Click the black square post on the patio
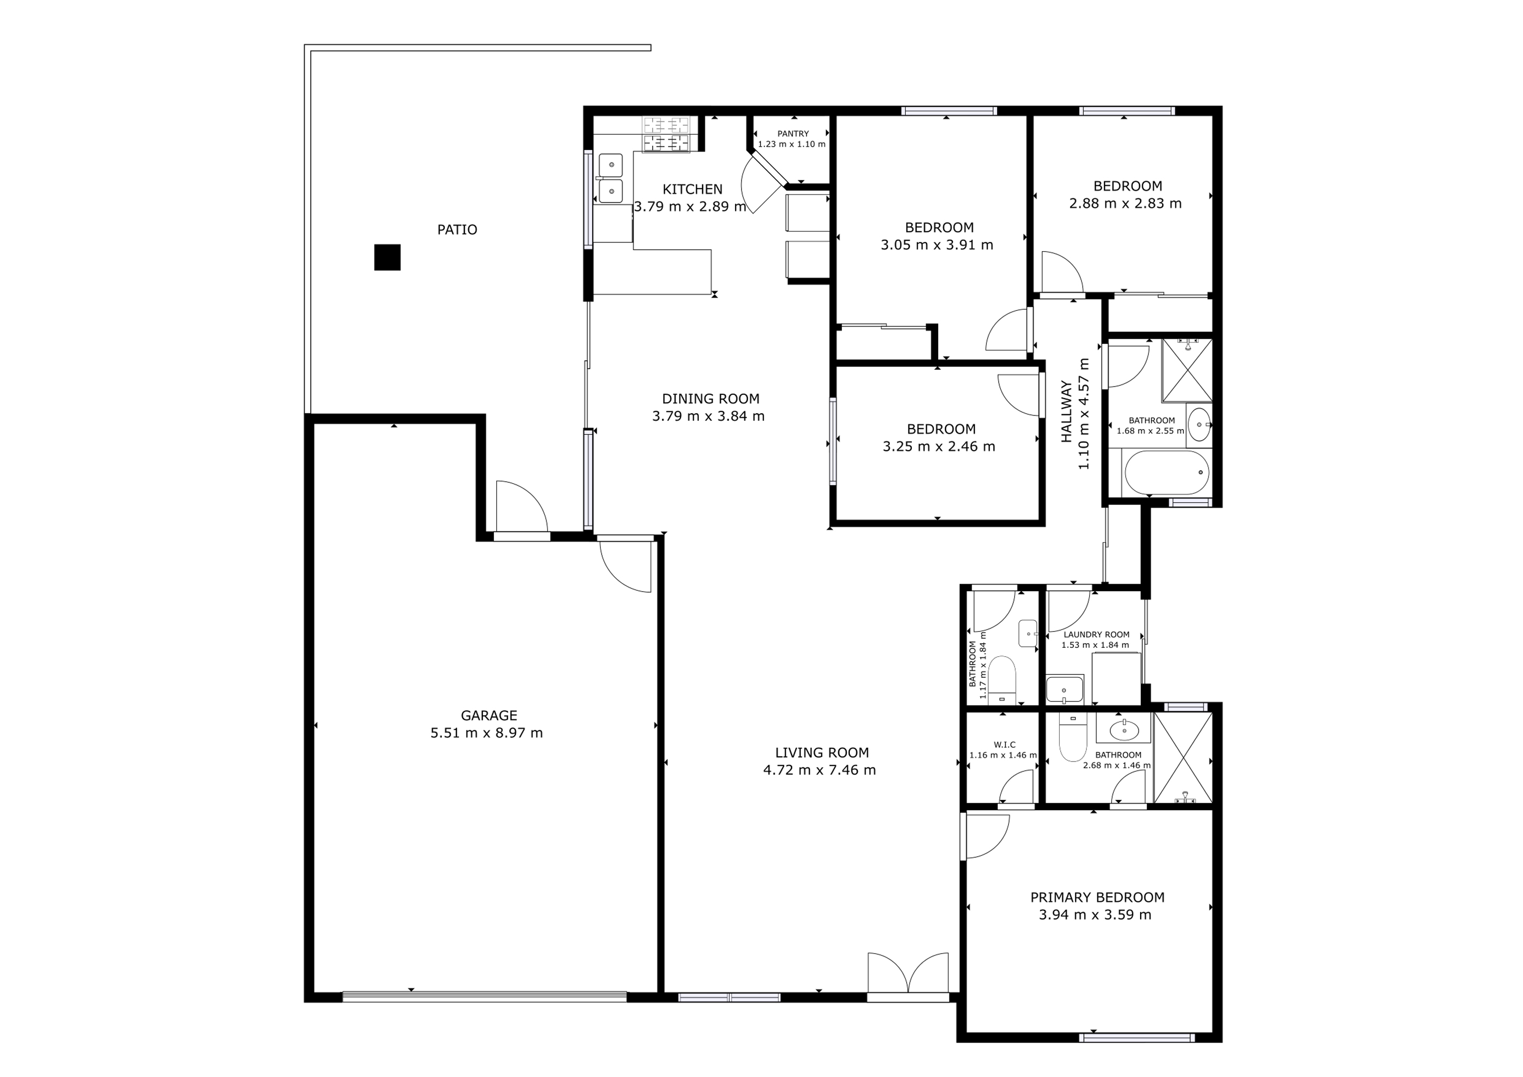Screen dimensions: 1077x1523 388,257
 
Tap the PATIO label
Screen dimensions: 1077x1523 457,229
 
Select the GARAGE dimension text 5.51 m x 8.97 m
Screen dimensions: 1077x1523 486,733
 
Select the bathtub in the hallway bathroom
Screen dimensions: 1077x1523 1166,472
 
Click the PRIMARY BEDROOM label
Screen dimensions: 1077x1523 1097,897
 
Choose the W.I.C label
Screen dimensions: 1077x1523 1004,745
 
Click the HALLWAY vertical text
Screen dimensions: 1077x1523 1066,411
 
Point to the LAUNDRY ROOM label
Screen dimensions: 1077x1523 1096,635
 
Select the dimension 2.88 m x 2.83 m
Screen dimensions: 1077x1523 1125,204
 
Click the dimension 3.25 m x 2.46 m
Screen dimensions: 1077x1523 939,447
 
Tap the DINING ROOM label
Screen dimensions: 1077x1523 710,399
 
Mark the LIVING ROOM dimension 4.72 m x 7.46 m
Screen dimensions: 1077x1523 819,770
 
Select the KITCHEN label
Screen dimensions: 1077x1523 692,189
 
